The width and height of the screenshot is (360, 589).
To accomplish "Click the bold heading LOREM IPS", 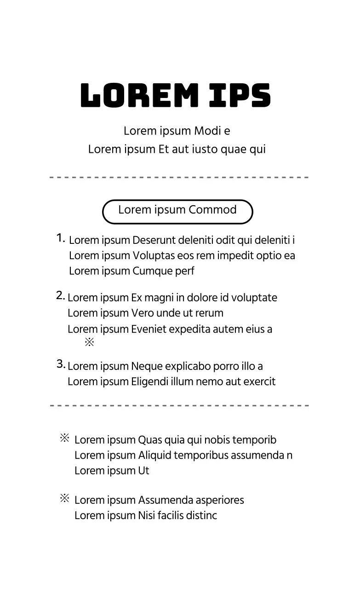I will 176,96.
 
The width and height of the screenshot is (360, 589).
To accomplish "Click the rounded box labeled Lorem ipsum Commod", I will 177,211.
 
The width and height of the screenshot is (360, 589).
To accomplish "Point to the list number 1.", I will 61,238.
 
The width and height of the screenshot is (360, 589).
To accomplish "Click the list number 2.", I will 60,296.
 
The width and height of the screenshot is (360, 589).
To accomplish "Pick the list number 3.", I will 61,364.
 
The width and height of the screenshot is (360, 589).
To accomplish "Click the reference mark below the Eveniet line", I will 89,342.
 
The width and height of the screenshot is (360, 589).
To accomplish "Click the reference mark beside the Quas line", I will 64,438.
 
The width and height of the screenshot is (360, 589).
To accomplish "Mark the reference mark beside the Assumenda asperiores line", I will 64,498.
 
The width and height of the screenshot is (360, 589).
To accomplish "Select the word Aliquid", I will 154,456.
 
